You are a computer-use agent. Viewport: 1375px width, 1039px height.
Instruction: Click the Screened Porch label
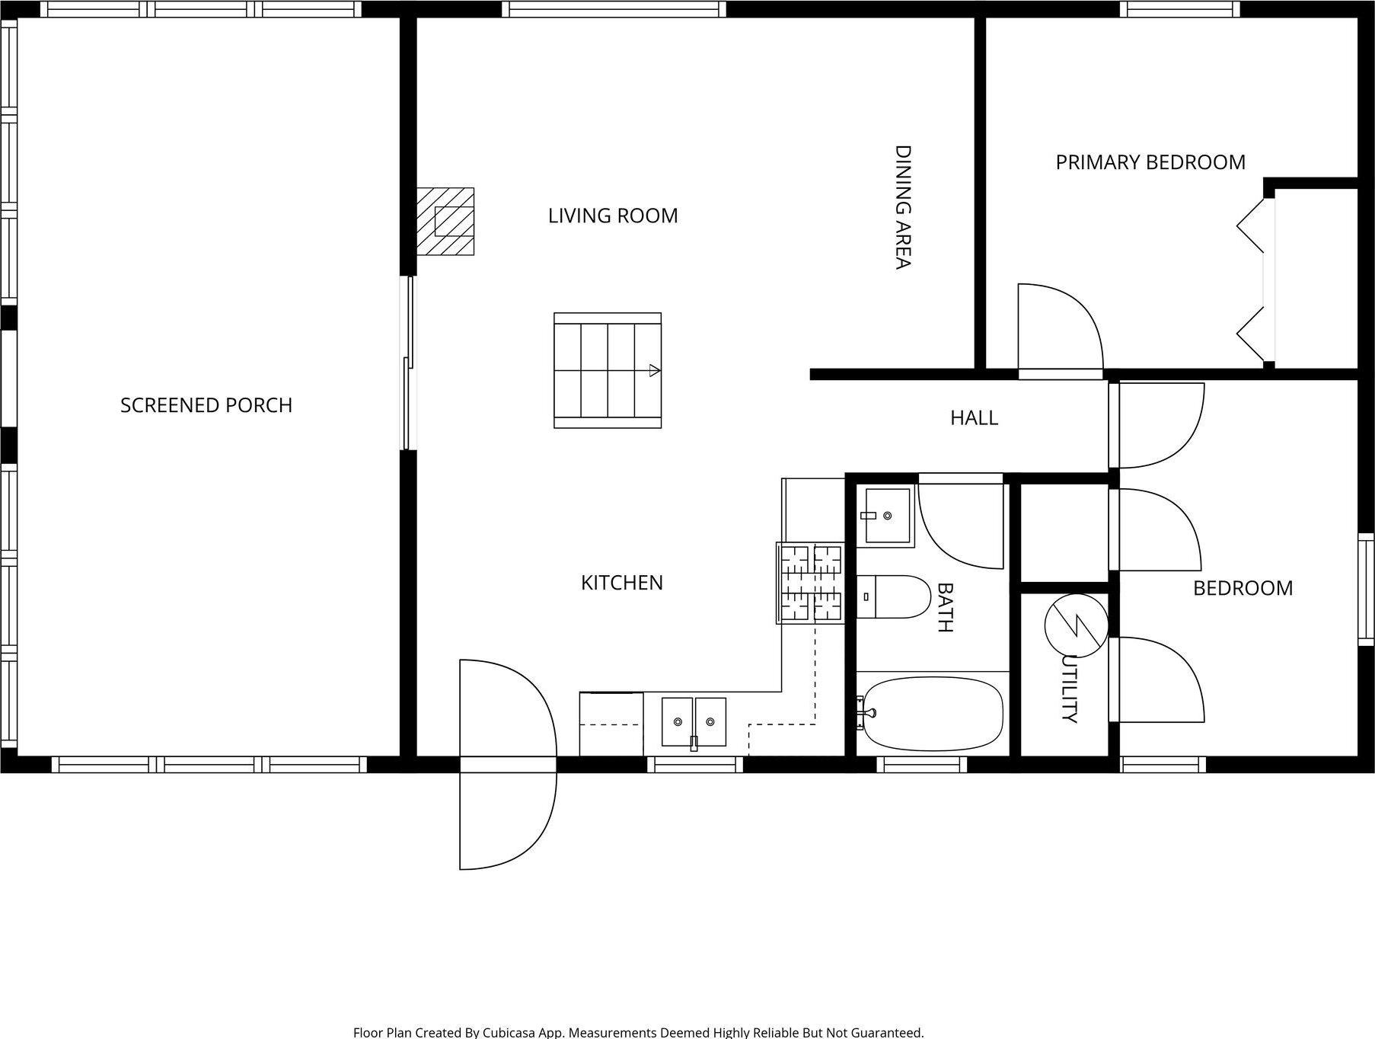206,405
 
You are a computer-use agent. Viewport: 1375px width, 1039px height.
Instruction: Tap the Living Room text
613,216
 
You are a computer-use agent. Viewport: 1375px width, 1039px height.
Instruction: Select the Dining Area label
902,207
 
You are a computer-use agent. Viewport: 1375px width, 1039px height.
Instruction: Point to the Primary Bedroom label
1150,162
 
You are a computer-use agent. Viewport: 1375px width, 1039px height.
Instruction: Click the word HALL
974,417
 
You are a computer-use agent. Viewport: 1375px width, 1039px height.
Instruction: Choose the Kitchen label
621,583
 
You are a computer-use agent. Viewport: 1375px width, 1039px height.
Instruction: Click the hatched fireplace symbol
445,221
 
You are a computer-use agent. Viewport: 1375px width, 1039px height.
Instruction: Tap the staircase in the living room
607,370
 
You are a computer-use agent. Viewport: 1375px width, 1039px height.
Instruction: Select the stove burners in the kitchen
810,583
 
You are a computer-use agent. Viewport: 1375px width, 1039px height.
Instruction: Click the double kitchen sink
693,721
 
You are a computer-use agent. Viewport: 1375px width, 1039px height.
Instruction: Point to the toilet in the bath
895,596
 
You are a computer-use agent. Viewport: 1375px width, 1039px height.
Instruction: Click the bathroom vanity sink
886,516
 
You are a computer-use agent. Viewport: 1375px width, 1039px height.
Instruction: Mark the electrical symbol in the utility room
1076,625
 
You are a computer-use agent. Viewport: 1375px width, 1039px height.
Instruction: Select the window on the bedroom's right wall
1366,590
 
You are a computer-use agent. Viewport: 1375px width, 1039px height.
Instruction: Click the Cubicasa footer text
638,1032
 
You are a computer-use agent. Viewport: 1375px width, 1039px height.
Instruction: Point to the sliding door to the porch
409,363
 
